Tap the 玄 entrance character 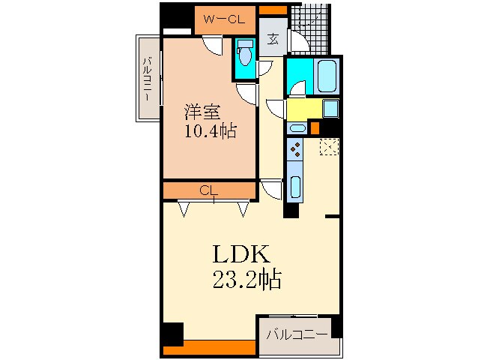[273, 40]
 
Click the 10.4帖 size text [211, 132]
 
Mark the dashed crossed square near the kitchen [328, 146]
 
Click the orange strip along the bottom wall [210, 348]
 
